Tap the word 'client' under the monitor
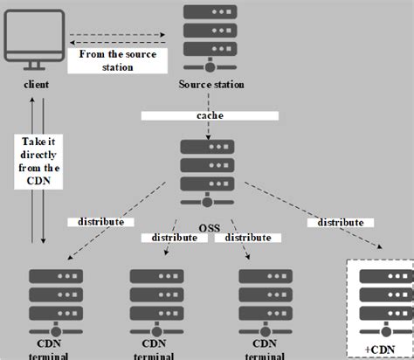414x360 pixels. tap(37, 85)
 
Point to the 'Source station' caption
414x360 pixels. tap(210, 85)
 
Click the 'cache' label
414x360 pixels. tap(209, 115)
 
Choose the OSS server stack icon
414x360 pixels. tap(209, 168)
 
